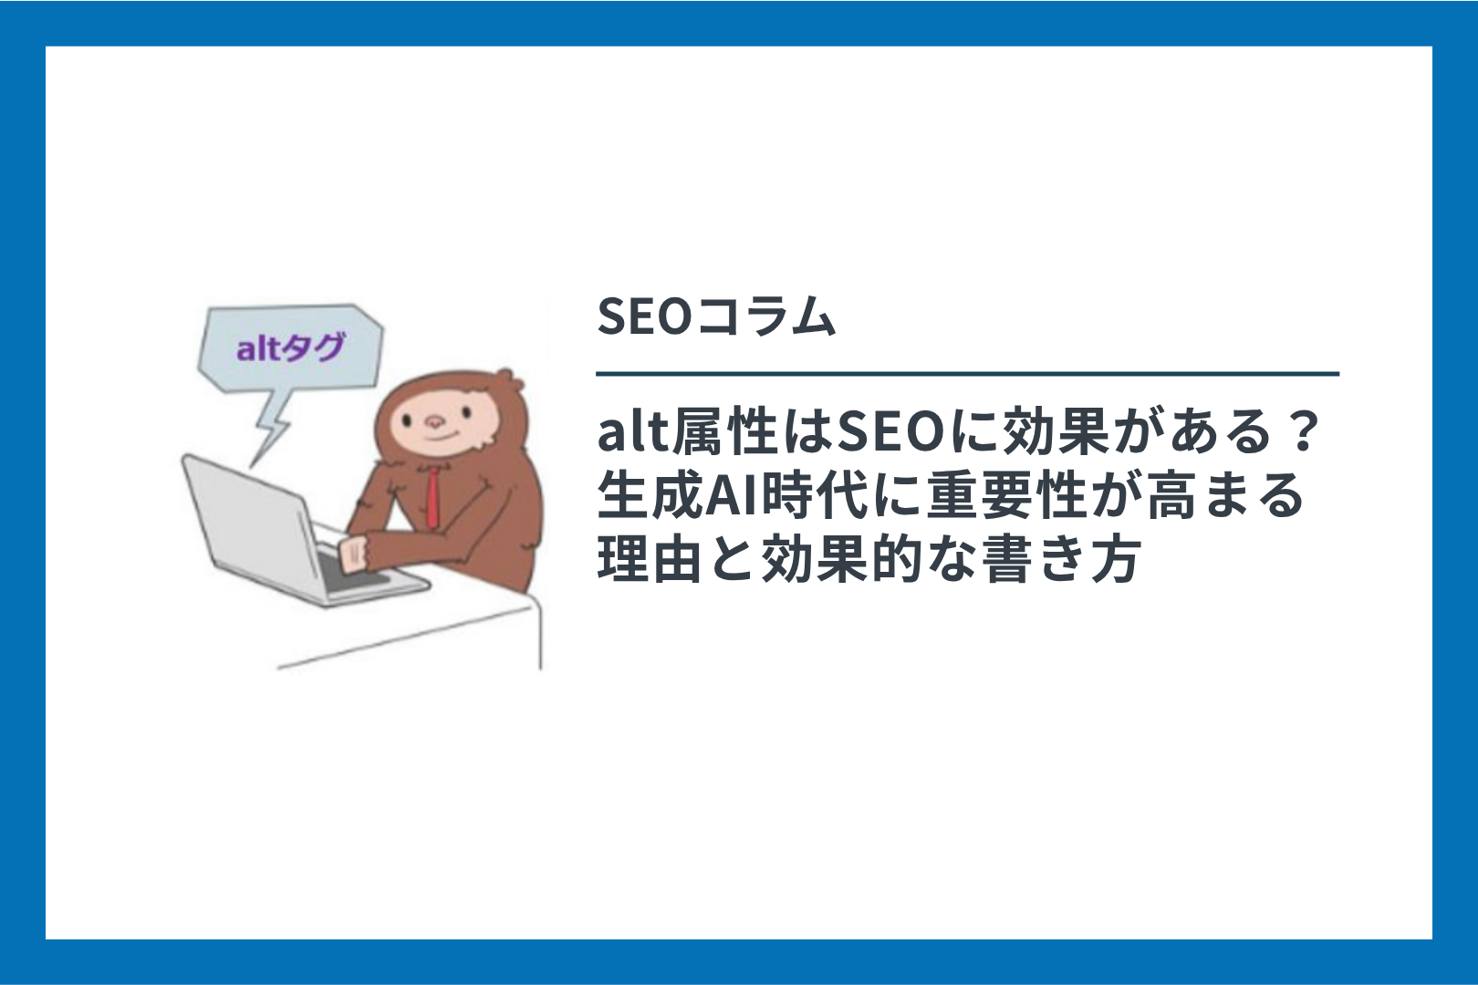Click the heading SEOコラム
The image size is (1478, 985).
click(x=716, y=316)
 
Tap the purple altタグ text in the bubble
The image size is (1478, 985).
click(x=291, y=347)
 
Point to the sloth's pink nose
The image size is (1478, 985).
click(x=434, y=421)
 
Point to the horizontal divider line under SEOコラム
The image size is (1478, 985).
click(x=967, y=374)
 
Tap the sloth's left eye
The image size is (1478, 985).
click(x=407, y=420)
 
